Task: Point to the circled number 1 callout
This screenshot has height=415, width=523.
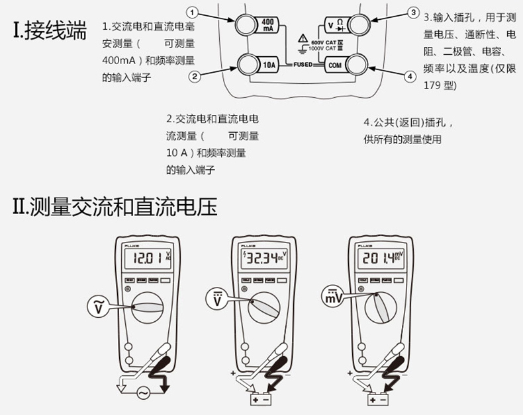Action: coord(192,13)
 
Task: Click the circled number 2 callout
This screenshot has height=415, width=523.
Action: coord(194,77)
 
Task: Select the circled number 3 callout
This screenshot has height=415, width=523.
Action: coord(413,13)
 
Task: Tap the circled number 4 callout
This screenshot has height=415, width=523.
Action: coord(410,77)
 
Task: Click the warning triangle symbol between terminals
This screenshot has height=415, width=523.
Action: coord(303,38)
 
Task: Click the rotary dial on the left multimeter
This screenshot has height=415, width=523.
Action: coord(150,309)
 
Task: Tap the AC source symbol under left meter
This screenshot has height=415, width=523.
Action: coord(142,394)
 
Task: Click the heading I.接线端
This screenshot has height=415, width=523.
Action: coord(50,31)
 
